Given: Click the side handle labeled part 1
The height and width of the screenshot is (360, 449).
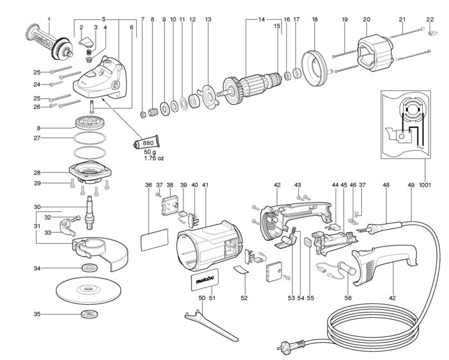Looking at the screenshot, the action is point(49,42).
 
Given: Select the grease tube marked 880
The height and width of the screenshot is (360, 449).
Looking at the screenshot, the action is point(146,142).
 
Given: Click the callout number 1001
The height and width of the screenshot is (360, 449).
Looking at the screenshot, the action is point(425,185).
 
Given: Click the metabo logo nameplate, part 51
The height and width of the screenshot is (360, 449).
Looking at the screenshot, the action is point(205,280).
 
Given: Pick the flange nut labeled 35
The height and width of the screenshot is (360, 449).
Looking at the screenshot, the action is point(90,314).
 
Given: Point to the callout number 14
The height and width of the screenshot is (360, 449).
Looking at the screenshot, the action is point(262,20).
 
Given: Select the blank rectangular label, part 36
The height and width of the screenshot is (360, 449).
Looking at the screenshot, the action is point(155,240).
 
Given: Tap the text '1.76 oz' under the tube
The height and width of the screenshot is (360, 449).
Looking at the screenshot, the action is point(154,158).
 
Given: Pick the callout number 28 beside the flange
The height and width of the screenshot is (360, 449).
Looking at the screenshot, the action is point(37,173).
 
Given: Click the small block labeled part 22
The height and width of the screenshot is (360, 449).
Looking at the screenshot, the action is point(433,32).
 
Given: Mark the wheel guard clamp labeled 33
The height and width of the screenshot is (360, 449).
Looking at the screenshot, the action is point(67,226).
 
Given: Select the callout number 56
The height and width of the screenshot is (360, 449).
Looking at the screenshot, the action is point(348,298).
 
